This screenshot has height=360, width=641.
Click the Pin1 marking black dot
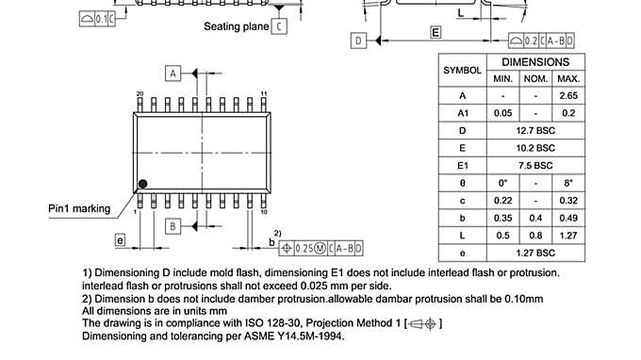point(143,183)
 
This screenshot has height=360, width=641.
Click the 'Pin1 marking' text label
point(79,209)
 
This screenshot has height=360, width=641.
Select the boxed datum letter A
point(173,73)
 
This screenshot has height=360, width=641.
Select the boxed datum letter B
point(173,226)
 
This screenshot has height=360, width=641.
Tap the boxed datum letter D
point(358,40)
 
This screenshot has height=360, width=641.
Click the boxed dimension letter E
point(436,32)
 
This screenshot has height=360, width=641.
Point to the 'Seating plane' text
point(237,26)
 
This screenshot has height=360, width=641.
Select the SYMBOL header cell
point(462,70)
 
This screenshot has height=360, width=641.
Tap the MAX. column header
point(567,78)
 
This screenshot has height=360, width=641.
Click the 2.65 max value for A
point(567,96)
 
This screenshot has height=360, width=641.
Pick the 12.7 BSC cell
point(534,130)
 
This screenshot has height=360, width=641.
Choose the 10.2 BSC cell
point(534,148)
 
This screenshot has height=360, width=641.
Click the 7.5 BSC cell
point(534,165)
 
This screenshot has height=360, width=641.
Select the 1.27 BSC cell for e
point(534,253)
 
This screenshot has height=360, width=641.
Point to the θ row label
point(462,183)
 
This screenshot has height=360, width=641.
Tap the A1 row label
point(462,113)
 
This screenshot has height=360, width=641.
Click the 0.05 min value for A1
point(502,113)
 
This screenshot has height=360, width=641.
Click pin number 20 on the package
point(140,93)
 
